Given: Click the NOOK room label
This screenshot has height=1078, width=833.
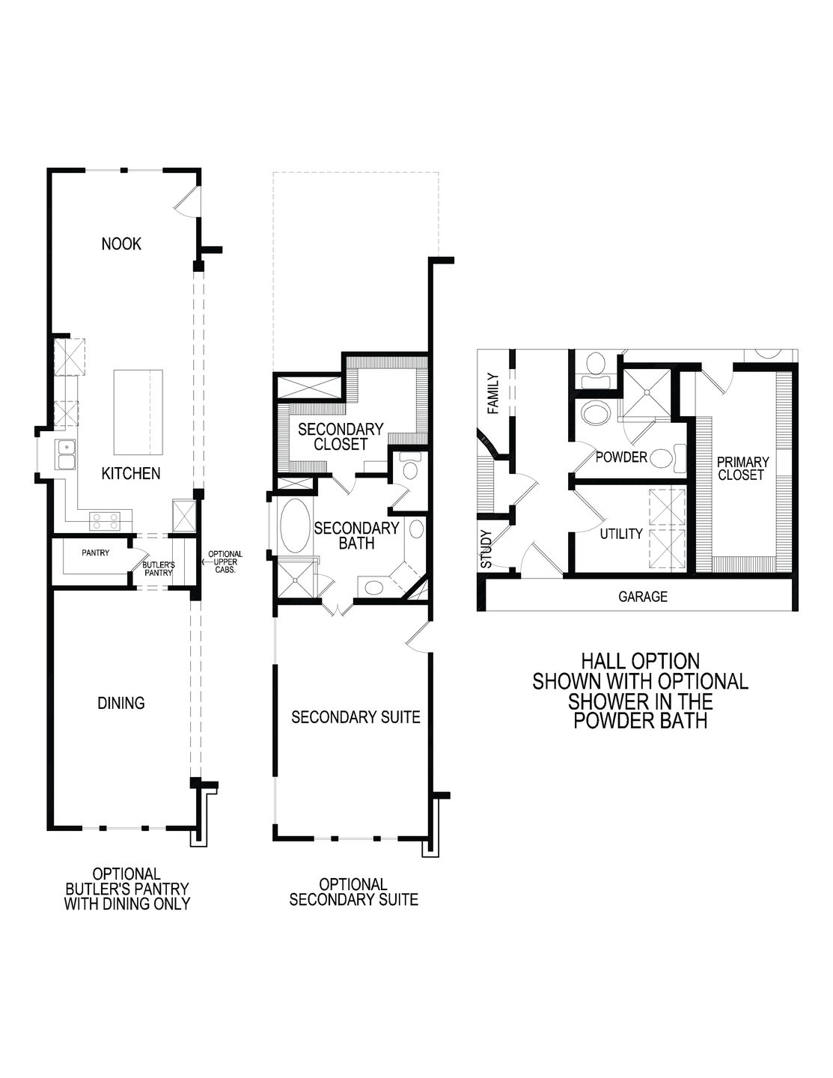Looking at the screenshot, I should [x=121, y=243].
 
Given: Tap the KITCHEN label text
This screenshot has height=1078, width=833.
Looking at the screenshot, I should [x=131, y=473].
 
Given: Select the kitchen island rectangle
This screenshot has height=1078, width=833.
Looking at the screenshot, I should [x=138, y=412].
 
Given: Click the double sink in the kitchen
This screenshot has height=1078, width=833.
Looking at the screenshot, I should [x=66, y=454].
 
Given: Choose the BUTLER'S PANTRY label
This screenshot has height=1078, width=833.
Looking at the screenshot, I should [x=159, y=568].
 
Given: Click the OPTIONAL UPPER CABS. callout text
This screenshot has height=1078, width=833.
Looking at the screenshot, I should [x=225, y=561].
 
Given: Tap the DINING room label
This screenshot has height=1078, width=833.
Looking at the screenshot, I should [x=121, y=703].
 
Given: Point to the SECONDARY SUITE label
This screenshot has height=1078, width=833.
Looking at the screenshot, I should [x=356, y=717].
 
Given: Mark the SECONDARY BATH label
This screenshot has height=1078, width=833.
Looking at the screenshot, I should [x=356, y=535].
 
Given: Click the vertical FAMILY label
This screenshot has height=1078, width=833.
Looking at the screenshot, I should [x=492, y=394].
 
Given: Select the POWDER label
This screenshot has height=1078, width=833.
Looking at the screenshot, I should [x=621, y=457].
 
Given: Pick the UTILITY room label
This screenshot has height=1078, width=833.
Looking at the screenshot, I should [x=621, y=534].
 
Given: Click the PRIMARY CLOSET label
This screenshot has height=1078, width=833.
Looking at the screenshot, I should [x=741, y=469].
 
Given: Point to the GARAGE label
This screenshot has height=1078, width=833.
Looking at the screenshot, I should [x=642, y=597].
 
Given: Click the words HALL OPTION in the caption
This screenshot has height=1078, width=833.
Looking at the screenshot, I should [x=640, y=661].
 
